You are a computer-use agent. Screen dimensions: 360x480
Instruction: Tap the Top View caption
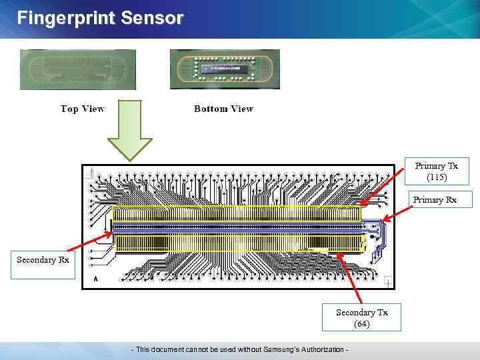coord(83,109)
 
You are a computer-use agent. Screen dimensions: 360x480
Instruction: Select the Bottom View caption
coord(223,109)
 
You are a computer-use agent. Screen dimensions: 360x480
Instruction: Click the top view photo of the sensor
coord(78,69)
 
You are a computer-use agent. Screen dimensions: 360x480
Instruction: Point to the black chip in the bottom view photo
coord(224,68)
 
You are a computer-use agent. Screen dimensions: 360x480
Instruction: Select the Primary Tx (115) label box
coord(437,171)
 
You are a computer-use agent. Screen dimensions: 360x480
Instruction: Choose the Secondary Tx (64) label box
coord(361,317)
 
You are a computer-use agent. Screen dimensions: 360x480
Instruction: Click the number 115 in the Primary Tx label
coord(437,177)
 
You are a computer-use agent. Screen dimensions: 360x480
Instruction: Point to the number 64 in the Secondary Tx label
coord(361,323)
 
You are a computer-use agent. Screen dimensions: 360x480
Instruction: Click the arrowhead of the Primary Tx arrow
coord(363,203)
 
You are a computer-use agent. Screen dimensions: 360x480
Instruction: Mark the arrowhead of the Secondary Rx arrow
coord(111,234)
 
